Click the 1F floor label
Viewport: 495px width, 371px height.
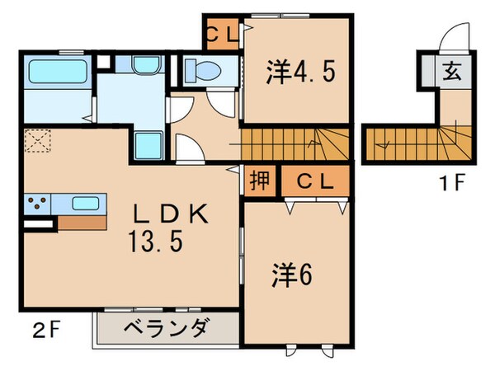tap(453, 183)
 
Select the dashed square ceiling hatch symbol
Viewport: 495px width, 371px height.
tap(36, 142)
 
